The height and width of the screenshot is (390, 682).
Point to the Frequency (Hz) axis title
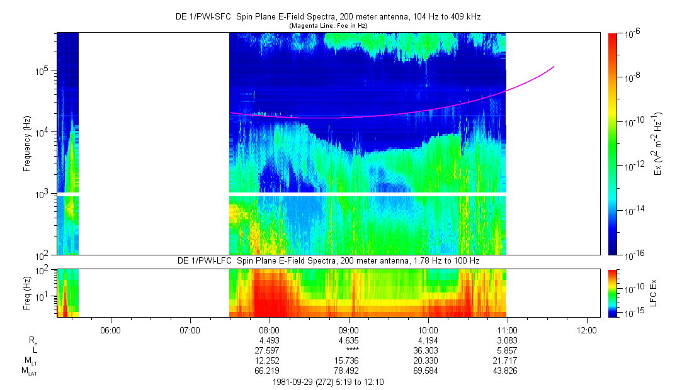(x=27, y=143)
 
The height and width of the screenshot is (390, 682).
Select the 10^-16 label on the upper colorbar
(x=631, y=254)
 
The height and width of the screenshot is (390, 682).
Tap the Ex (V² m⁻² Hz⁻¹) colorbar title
(x=659, y=143)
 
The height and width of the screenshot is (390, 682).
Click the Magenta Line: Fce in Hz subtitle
(x=327, y=25)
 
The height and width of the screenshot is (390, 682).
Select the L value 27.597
(x=269, y=350)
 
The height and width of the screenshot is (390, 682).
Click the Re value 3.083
(x=508, y=340)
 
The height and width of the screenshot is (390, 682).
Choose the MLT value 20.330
(x=428, y=360)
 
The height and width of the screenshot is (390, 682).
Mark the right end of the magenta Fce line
(x=554, y=66)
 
